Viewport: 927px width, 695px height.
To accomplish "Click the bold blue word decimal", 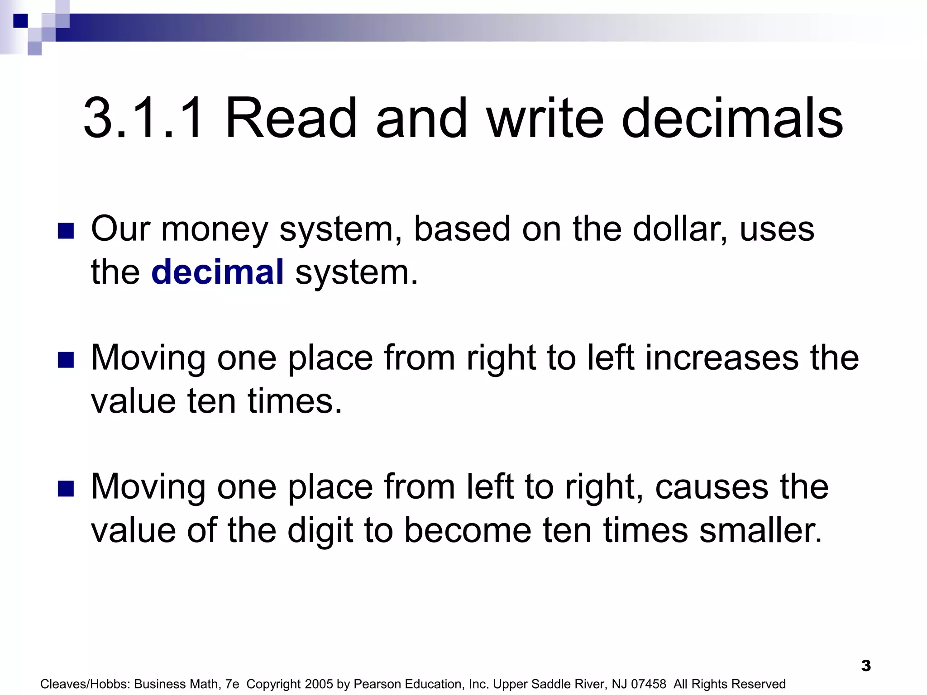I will tap(217, 272).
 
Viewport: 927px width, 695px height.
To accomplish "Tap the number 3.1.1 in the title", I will tap(143, 119).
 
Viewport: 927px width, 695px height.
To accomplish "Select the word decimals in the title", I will tap(732, 119).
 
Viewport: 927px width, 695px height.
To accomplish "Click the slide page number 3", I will tap(866, 666).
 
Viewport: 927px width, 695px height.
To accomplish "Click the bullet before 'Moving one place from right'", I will tap(66, 360).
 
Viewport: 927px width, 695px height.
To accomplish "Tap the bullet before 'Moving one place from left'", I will tap(66, 489).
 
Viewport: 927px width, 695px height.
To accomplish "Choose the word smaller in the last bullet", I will tap(760, 530).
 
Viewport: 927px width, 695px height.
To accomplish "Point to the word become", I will tap(467, 530).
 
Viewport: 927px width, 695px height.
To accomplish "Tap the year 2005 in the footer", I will tap(319, 684).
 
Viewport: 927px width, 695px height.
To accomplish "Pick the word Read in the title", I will tap(291, 119).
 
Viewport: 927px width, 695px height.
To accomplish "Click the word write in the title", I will tap(545, 119).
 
